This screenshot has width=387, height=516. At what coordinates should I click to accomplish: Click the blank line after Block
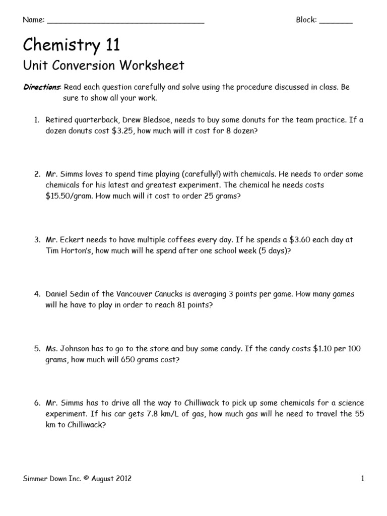(336, 22)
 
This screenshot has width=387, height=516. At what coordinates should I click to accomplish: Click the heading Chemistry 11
(72, 45)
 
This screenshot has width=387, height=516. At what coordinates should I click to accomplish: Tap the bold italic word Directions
(42, 87)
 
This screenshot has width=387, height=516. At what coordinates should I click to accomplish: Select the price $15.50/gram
(67, 196)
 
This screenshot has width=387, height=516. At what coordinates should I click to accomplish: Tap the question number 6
(37, 403)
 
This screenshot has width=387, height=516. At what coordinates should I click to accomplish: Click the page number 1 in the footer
(362, 479)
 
